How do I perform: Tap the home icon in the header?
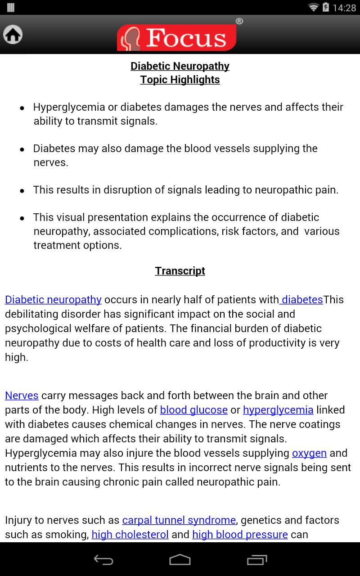pos(13,34)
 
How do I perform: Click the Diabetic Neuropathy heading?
pos(180,66)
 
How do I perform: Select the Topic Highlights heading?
pos(180,80)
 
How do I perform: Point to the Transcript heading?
pos(180,270)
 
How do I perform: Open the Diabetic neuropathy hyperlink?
pos(53,300)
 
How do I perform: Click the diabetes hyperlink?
pos(302,300)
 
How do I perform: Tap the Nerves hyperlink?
pos(22,396)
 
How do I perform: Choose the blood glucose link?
pos(194,410)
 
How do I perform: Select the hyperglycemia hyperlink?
pos(278,410)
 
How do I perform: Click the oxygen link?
pos(309,453)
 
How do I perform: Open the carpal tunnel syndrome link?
pos(179,520)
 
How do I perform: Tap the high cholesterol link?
pos(130,535)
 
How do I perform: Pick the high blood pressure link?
pos(240,535)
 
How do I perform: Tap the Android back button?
pos(103,559)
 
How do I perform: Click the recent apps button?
pos(257,559)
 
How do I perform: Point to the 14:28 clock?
pos(344,8)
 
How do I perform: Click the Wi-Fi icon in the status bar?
pos(313,8)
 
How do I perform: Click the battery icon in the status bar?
pos(325,8)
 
